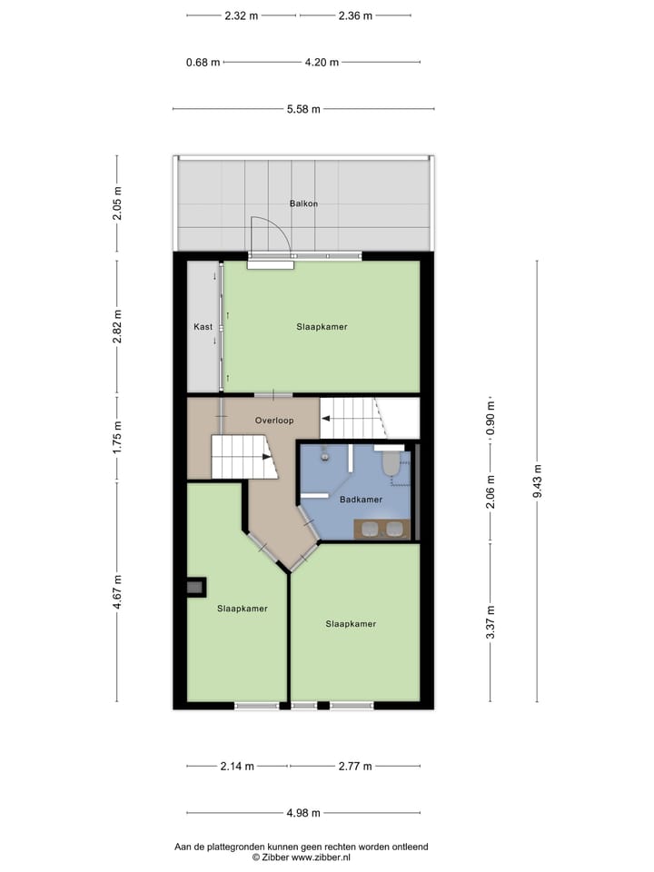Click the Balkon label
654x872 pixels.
pyautogui.click(x=303, y=203)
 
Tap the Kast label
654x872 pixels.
pyautogui.click(x=203, y=326)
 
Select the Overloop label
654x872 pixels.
pyautogui.click(x=273, y=421)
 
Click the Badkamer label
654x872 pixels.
pyautogui.click(x=361, y=500)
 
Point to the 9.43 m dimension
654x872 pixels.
pyautogui.click(x=537, y=481)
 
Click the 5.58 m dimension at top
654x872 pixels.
pyautogui.click(x=303, y=109)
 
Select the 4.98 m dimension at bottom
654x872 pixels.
pyautogui.click(x=303, y=813)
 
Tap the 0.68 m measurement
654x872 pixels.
pyautogui.click(x=203, y=63)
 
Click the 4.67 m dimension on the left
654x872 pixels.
pyautogui.click(x=117, y=591)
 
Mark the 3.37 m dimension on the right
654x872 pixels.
pyautogui.click(x=490, y=622)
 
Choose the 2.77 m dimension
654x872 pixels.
pyautogui.click(x=354, y=766)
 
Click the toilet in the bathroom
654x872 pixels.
pyautogui.click(x=391, y=463)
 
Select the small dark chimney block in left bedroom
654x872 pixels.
pyautogui.click(x=195, y=588)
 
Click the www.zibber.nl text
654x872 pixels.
pyautogui.click(x=322, y=857)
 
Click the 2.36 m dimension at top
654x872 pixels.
pyautogui.click(x=354, y=15)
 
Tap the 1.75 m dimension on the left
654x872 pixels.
pyautogui.click(x=117, y=438)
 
